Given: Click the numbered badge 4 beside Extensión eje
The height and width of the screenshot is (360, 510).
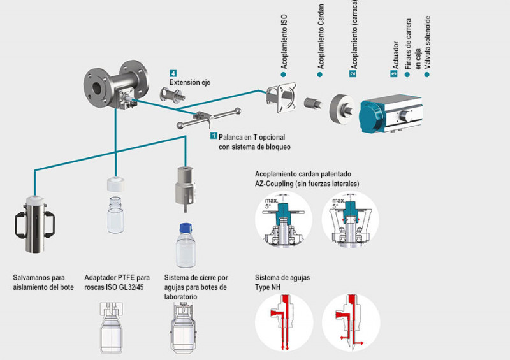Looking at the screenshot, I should (x=173, y=73).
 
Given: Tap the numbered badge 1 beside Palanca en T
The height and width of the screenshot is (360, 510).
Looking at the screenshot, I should (x=214, y=136).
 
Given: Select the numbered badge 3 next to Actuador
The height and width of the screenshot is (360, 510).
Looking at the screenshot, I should (x=393, y=74).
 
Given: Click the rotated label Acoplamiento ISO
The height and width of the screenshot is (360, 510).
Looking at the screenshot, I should (x=284, y=45).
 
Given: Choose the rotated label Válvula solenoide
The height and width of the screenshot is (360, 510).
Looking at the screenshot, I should (x=437, y=38).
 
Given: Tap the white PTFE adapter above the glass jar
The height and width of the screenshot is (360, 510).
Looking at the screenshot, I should (x=115, y=185).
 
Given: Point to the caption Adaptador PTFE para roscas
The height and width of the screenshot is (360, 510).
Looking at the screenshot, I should (x=117, y=282).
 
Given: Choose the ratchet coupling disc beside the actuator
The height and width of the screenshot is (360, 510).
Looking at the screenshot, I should (x=345, y=107).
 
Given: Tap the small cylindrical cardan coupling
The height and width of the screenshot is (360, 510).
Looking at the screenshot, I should (x=312, y=103).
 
